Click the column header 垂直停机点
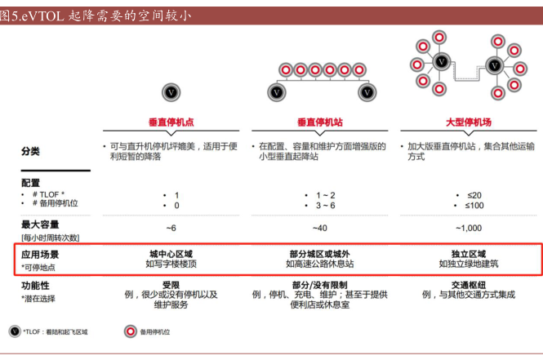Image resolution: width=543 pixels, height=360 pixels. [x=171, y=122]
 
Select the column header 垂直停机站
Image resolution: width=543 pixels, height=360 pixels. [x=320, y=122]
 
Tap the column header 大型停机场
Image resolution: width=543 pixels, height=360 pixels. [x=468, y=122]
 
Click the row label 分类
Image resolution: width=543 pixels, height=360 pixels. [x=30, y=151]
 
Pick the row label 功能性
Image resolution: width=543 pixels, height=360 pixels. [x=35, y=287]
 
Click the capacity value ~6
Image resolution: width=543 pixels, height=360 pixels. [x=171, y=227]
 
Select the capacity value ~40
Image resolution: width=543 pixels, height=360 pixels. [x=320, y=227]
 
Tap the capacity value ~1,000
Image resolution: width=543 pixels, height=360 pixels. [x=468, y=227]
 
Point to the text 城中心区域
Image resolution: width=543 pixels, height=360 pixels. [x=171, y=254]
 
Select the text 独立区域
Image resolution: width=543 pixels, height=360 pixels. [x=468, y=254]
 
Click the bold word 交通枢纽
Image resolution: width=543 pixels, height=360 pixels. [x=468, y=285]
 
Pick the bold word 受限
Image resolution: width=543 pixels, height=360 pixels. [x=171, y=285]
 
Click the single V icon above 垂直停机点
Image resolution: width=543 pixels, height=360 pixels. [x=171, y=92]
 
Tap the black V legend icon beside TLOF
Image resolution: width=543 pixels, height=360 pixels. [x=15, y=331]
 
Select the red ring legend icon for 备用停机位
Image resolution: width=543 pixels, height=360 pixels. [x=129, y=331]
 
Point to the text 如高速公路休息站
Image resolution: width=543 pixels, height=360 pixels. [x=320, y=264]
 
